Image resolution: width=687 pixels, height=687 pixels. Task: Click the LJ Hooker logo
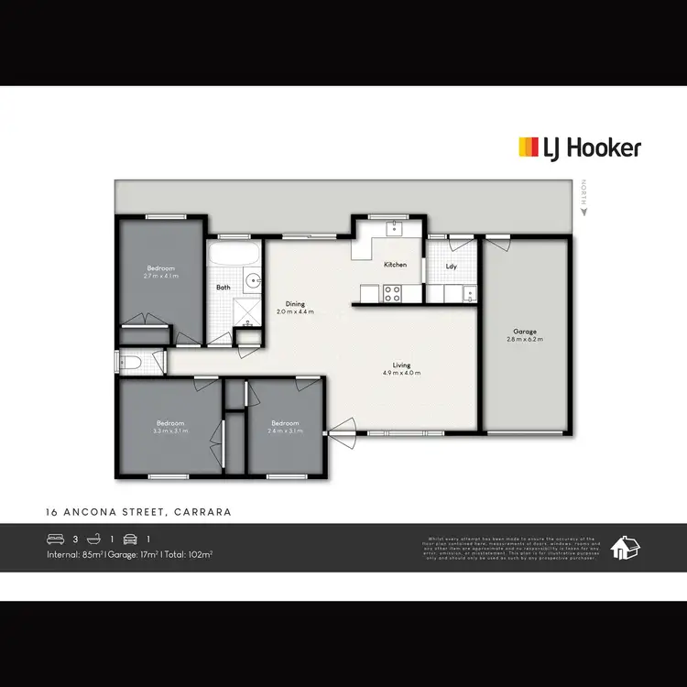(x=579, y=147)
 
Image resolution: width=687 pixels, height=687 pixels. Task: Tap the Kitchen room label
(x=395, y=265)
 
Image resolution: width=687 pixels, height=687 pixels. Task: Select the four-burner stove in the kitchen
(x=392, y=293)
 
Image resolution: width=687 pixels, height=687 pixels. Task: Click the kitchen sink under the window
(x=395, y=228)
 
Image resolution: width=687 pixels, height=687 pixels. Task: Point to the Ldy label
(x=451, y=267)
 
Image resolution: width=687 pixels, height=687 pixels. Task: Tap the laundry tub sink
(x=468, y=293)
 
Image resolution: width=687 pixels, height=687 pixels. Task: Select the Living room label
(x=401, y=365)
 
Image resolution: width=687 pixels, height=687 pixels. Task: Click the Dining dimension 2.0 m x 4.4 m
(x=295, y=311)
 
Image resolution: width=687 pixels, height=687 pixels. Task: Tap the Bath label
(x=223, y=287)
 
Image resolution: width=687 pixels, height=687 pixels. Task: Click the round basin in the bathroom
(x=251, y=281)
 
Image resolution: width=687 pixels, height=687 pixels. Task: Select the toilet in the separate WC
(x=131, y=364)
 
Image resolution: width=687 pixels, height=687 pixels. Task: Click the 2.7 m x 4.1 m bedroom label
(x=160, y=275)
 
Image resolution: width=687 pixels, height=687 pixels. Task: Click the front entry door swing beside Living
(x=341, y=431)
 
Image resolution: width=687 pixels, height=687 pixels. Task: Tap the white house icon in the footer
(x=627, y=548)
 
